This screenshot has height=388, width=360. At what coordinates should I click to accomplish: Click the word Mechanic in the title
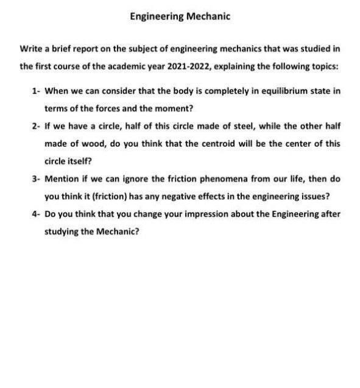tap(208, 17)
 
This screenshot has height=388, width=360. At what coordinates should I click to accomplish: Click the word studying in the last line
tap(61, 232)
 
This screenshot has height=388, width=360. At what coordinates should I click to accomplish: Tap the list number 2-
tap(35, 126)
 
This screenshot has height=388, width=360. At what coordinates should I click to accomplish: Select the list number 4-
tap(35, 214)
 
